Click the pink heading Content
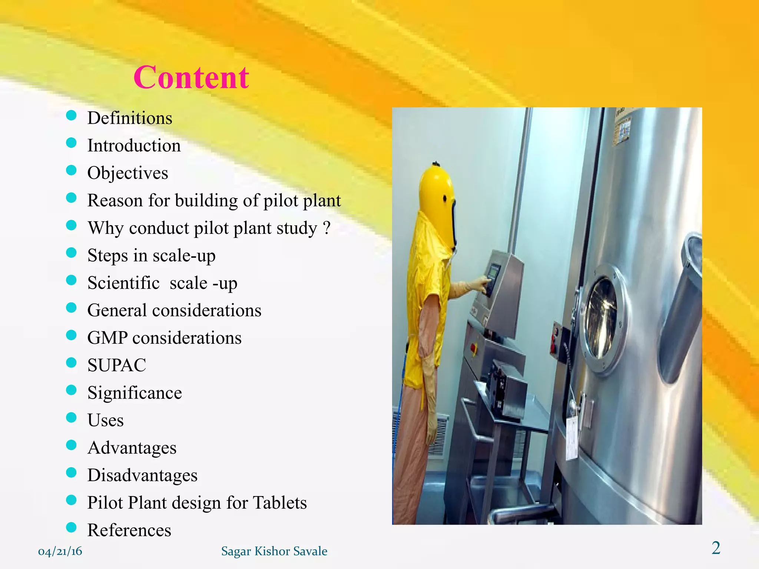(x=191, y=77)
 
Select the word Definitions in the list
(x=130, y=118)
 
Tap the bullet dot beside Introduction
(x=71, y=143)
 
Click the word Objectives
(x=127, y=173)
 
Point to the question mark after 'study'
(x=327, y=227)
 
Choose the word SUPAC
(x=117, y=365)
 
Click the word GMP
(x=107, y=338)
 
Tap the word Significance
(x=135, y=393)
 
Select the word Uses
(x=106, y=420)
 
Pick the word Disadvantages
(x=142, y=475)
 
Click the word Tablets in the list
(x=280, y=503)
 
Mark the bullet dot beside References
(x=71, y=527)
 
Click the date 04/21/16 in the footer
(x=60, y=551)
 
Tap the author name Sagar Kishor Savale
(x=274, y=551)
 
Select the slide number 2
(x=716, y=548)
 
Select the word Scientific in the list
(x=123, y=283)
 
